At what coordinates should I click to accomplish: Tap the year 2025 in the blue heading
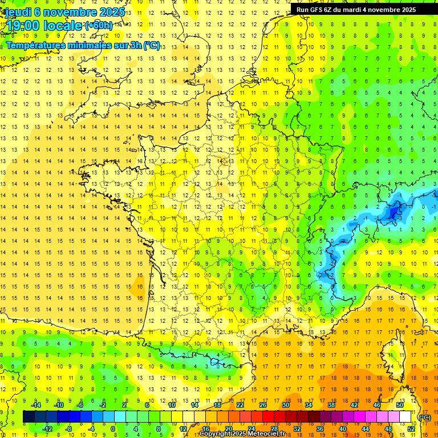pos(110,12)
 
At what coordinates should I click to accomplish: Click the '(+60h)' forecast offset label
pos(99,26)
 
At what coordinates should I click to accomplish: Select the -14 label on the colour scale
pos(36,405)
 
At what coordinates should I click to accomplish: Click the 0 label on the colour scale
pos(113,429)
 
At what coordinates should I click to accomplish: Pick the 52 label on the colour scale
pos(411,429)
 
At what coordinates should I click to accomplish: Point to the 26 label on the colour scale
pos(262,405)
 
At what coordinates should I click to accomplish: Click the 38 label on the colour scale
pos(331,405)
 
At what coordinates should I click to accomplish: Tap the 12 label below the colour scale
pos(182,429)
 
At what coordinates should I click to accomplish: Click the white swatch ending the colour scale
pos(405,417)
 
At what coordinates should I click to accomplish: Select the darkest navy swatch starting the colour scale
pos(29,417)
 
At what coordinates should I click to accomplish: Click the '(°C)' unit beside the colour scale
pos(424,417)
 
